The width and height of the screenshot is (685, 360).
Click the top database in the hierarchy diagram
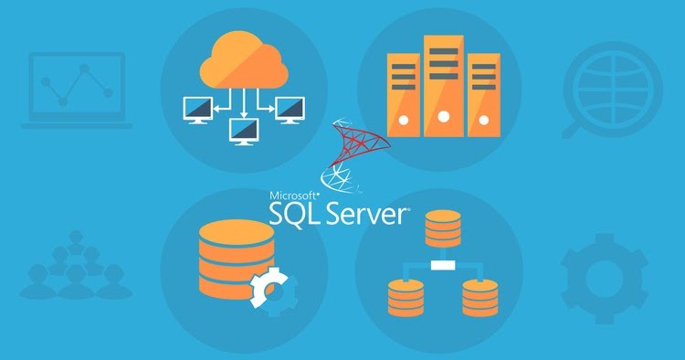(x=443, y=229)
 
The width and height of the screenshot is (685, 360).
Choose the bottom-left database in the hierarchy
(x=406, y=296)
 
